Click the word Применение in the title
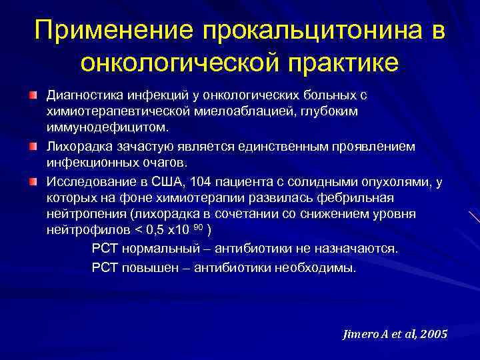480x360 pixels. [113, 29]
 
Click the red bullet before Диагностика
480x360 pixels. [33, 96]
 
